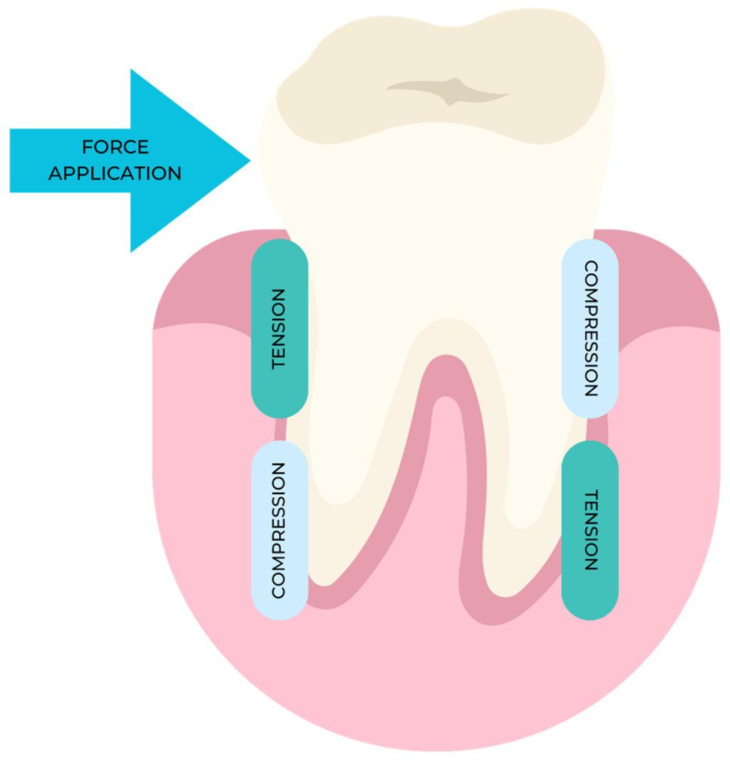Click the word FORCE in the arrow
[115, 148]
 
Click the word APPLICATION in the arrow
[115, 173]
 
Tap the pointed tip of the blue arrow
[249, 160]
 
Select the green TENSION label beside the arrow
[279, 328]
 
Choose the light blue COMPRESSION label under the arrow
[279, 529]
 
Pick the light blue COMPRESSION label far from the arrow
[590, 328]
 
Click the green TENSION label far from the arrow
[590, 529]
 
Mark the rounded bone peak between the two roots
[445, 407]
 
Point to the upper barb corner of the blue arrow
[131, 71]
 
